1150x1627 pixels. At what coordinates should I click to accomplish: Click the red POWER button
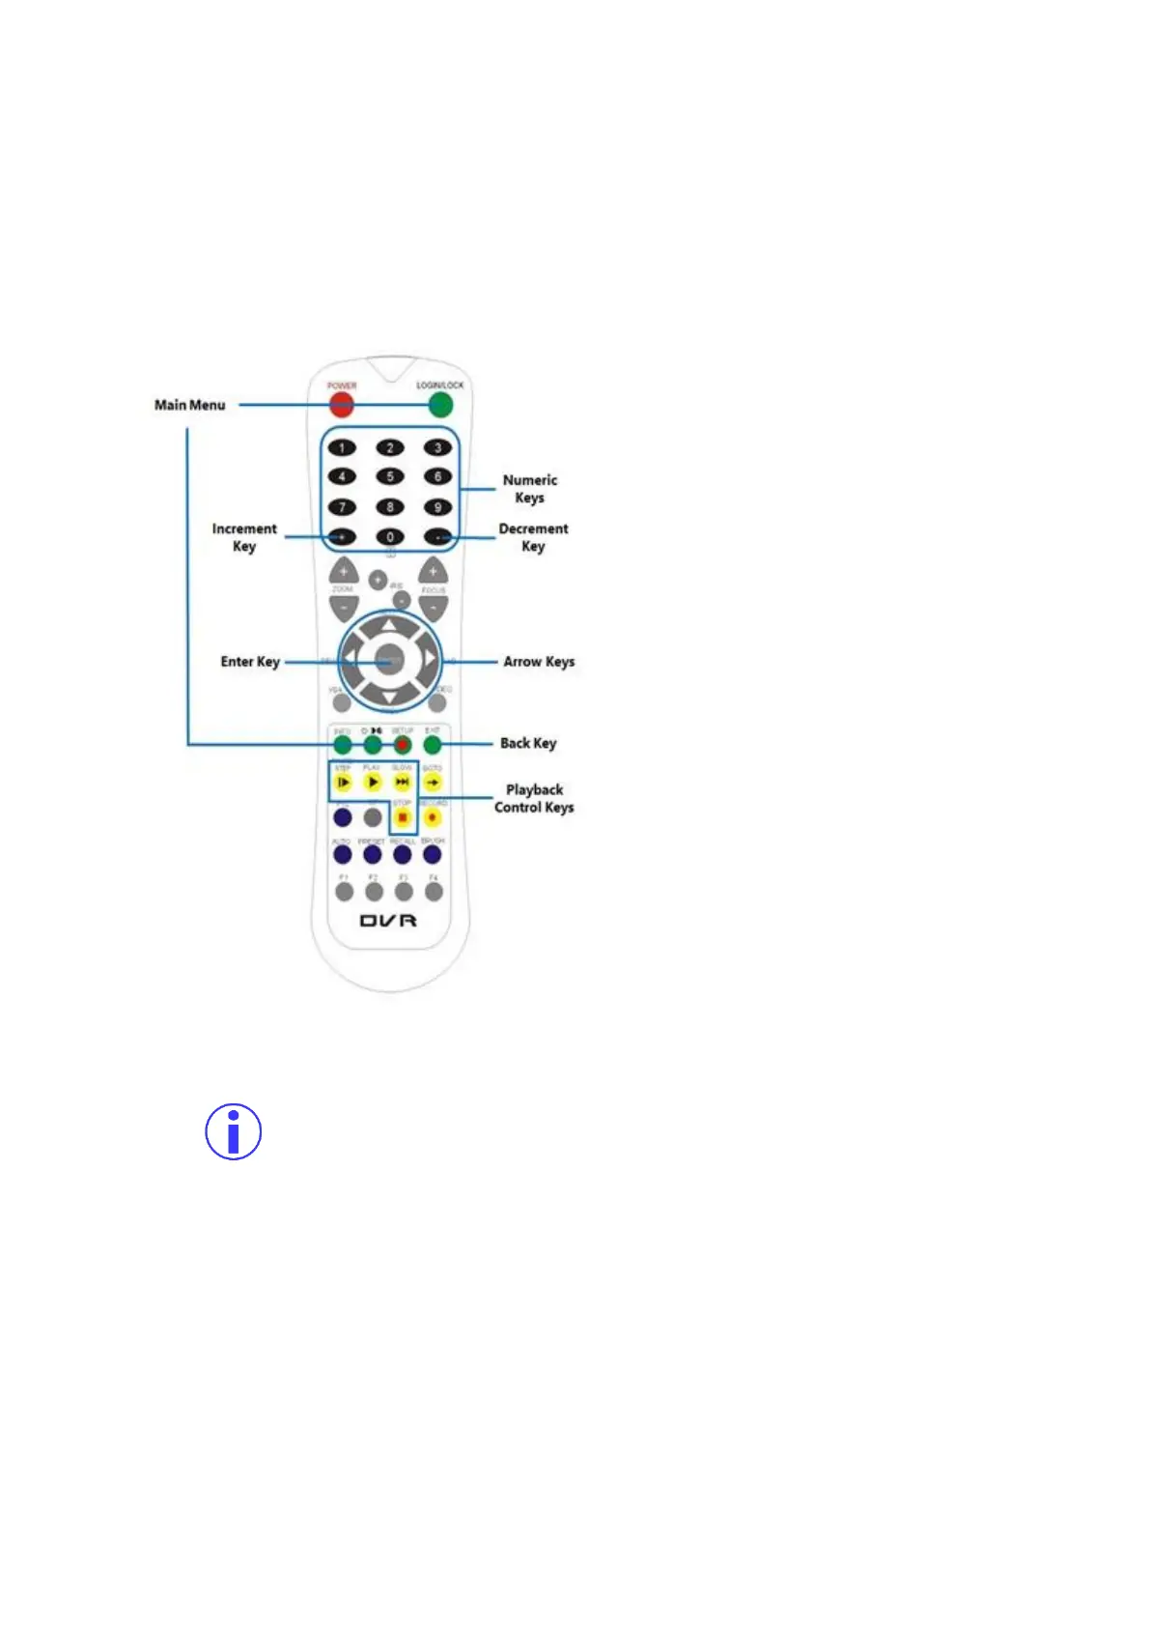coord(341,404)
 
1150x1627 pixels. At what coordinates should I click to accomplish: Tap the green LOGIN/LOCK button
coord(440,404)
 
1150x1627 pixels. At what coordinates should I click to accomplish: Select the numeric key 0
coord(390,537)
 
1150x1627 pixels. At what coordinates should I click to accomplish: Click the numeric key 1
coord(342,447)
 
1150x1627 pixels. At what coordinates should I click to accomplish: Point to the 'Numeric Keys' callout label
coord(529,489)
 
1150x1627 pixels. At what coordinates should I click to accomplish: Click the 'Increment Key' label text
coord(244,537)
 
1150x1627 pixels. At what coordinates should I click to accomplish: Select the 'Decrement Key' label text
coord(533,537)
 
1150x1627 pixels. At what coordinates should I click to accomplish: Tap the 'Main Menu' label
coord(190,405)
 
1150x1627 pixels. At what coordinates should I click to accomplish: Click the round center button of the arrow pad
coord(389,661)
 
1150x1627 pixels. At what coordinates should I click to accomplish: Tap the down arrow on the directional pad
coord(389,697)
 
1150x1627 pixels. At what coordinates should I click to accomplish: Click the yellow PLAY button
coord(373,782)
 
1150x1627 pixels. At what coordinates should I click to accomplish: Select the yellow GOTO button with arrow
coord(433,782)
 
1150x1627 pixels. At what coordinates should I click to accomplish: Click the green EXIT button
coord(433,744)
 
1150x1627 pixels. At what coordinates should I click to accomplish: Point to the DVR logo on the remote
coord(389,921)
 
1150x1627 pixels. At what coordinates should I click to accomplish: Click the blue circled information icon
coord(234,1131)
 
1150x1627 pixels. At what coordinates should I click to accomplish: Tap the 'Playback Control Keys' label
coord(534,798)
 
